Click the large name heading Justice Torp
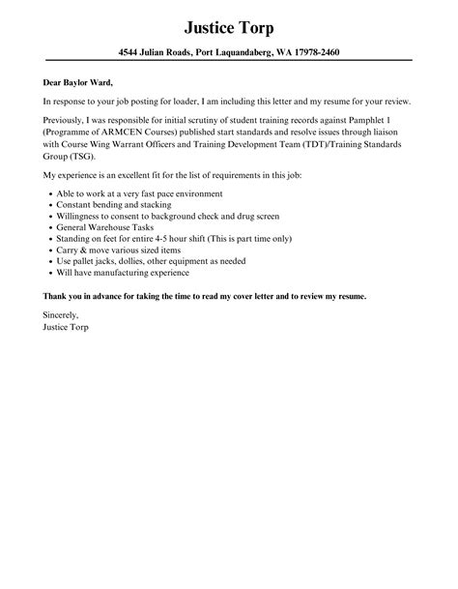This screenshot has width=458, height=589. pos(228,26)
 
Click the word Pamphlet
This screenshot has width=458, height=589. pos(369,119)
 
